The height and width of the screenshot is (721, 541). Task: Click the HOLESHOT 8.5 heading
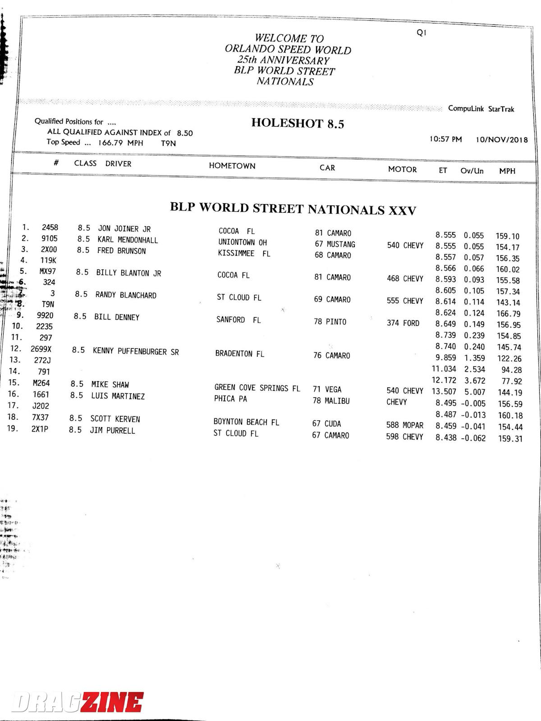tap(298, 123)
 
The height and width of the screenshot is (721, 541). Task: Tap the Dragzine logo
tap(78, 702)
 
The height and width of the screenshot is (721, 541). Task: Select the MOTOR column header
tap(402, 169)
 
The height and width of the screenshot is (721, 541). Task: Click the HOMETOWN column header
tap(232, 166)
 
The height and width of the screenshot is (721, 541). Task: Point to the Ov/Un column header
tap(472, 171)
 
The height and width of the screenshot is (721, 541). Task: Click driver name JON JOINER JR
tap(124, 228)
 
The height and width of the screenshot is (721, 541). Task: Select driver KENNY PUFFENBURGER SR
tap(136, 351)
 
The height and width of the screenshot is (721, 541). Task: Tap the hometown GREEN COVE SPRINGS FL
tap(257, 388)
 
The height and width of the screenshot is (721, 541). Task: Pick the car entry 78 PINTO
tap(330, 322)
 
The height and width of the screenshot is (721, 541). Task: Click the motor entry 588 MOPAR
tap(404, 425)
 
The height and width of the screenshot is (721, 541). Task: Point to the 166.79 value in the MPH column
tap(508, 314)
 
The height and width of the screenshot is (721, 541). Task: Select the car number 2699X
tap(41, 349)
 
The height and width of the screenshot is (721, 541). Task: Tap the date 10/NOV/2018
tap(501, 140)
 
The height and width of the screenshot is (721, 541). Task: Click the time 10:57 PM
tap(445, 139)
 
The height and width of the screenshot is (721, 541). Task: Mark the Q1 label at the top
tap(422, 32)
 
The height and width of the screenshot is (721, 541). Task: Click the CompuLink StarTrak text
tap(481, 109)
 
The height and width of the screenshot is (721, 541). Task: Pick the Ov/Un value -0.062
tap(473, 438)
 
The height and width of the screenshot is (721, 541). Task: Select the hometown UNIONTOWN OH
tap(243, 242)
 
